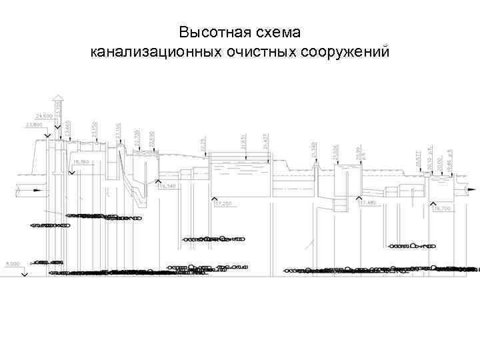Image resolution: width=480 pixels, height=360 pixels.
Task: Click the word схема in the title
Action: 280,32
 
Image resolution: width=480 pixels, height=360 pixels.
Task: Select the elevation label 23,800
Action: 33,125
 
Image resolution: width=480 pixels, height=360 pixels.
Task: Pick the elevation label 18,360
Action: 81,162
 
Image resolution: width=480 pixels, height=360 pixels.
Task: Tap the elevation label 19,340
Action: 167,186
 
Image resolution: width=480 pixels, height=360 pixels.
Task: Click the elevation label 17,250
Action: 223,203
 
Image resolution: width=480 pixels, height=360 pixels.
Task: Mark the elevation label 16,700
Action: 442,208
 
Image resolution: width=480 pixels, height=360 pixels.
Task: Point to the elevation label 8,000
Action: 13,263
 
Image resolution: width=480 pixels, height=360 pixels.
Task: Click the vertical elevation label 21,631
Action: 244,141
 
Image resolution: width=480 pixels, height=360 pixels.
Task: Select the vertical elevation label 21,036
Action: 335,151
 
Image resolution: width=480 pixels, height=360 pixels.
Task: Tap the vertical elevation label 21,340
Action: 313,149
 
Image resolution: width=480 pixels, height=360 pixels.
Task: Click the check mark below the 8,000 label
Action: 24,272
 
